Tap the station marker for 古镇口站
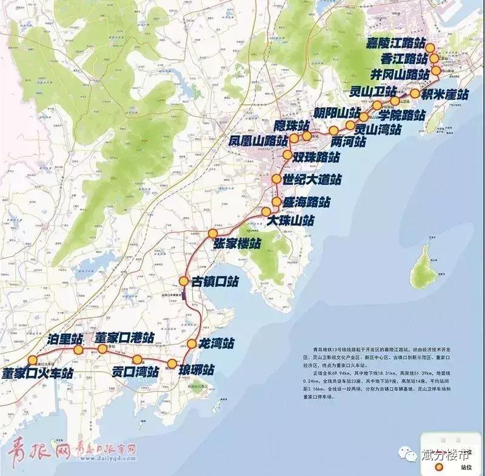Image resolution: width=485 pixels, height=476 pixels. click(184, 281)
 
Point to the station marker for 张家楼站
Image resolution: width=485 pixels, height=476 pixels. click(213, 233)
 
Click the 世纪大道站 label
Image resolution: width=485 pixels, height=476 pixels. click(312, 180)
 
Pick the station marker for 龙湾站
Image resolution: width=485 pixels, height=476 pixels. click(192, 344)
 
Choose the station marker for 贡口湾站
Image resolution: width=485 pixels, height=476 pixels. click(138, 359)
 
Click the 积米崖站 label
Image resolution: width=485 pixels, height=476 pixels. click(446, 95)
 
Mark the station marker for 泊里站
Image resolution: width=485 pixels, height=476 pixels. click(78, 350)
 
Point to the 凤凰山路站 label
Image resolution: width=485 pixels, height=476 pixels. click(258, 141)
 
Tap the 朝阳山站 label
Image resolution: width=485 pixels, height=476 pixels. click(337, 113)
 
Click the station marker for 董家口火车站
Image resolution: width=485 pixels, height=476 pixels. click(33, 360)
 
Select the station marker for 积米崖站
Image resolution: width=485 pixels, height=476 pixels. click(415, 93)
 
